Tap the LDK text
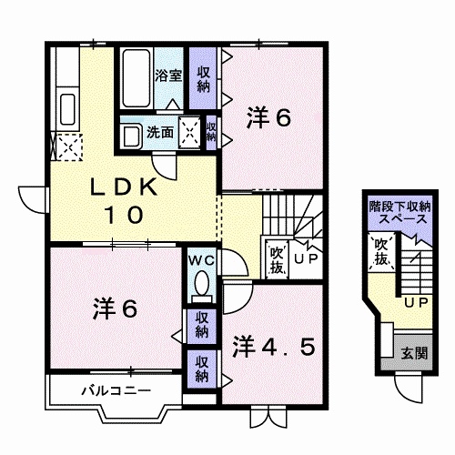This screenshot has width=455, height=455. pos(126,187)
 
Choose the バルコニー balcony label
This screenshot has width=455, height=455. pos(107,391)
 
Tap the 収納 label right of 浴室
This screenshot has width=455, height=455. pos(203,78)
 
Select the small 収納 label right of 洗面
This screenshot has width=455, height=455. pos(211,131)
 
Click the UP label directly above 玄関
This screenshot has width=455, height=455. pos(416,301)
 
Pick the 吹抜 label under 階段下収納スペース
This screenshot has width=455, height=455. pos(380,251)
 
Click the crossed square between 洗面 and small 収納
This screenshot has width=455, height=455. pos(190,131)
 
